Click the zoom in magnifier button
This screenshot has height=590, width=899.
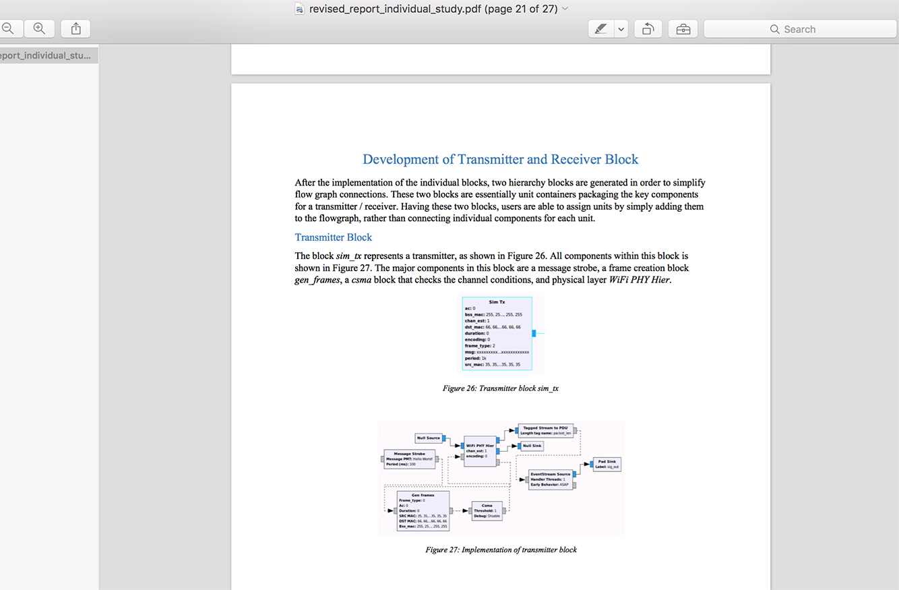pyautogui.click(x=39, y=28)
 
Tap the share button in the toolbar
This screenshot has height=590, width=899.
pyautogui.click(x=75, y=28)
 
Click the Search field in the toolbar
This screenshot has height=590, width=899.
pyautogui.click(x=800, y=29)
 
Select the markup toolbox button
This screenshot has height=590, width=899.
pyautogui.click(x=683, y=29)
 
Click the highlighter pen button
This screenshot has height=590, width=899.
pyautogui.click(x=600, y=29)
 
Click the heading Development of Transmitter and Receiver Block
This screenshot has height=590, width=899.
pyautogui.click(x=500, y=159)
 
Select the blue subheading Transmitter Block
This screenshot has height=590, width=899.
pyautogui.click(x=333, y=237)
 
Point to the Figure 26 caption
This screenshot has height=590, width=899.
pyautogui.click(x=500, y=388)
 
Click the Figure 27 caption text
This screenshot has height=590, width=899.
pyautogui.click(x=501, y=550)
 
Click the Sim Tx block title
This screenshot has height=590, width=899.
pyautogui.click(x=497, y=302)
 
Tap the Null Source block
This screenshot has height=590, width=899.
pyautogui.click(x=428, y=438)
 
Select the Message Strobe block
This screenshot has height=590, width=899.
pyautogui.click(x=409, y=459)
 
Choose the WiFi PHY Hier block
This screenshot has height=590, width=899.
pyautogui.click(x=480, y=450)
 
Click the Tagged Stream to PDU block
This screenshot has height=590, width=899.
pyautogui.click(x=545, y=430)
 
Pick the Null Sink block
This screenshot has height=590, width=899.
pyautogui.click(x=532, y=446)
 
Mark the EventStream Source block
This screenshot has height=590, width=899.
pyautogui.click(x=550, y=479)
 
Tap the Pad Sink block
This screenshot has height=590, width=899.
pyautogui.click(x=607, y=464)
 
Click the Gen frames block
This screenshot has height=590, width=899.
pyautogui.click(x=423, y=510)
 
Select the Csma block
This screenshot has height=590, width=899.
pyautogui.click(x=487, y=510)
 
